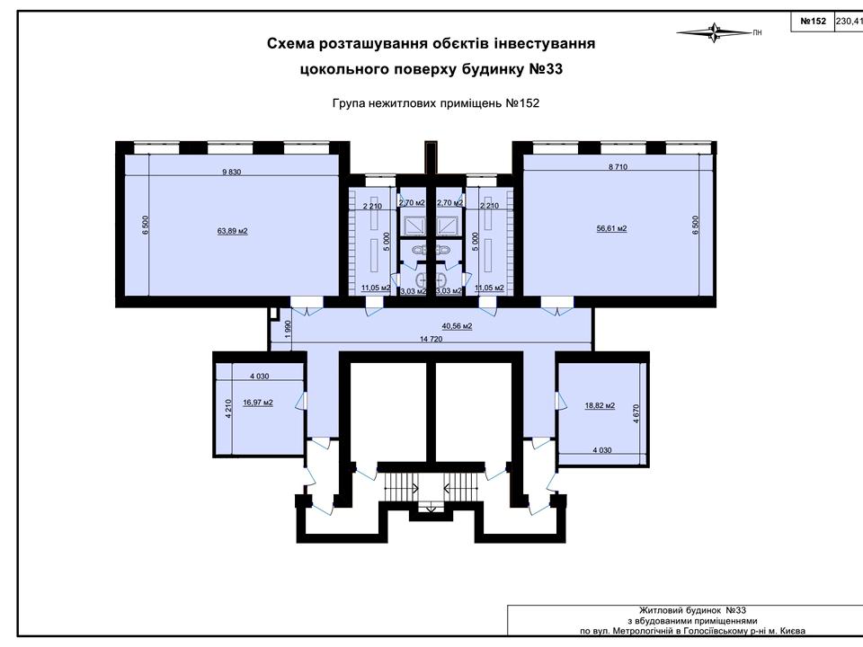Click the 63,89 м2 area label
(232, 231)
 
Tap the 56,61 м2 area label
(611, 228)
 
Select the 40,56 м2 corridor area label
(457, 325)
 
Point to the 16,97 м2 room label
(258, 403)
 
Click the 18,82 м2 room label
(600, 405)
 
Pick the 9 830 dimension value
(232, 172)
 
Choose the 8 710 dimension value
(618, 167)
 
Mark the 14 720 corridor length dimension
(431, 339)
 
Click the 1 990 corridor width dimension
(288, 329)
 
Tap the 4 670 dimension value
(636, 413)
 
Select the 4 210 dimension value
(229, 409)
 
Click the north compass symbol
(715, 32)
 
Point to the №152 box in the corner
(813, 22)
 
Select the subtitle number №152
(522, 102)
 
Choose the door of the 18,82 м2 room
(560, 401)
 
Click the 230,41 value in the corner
(850, 22)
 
